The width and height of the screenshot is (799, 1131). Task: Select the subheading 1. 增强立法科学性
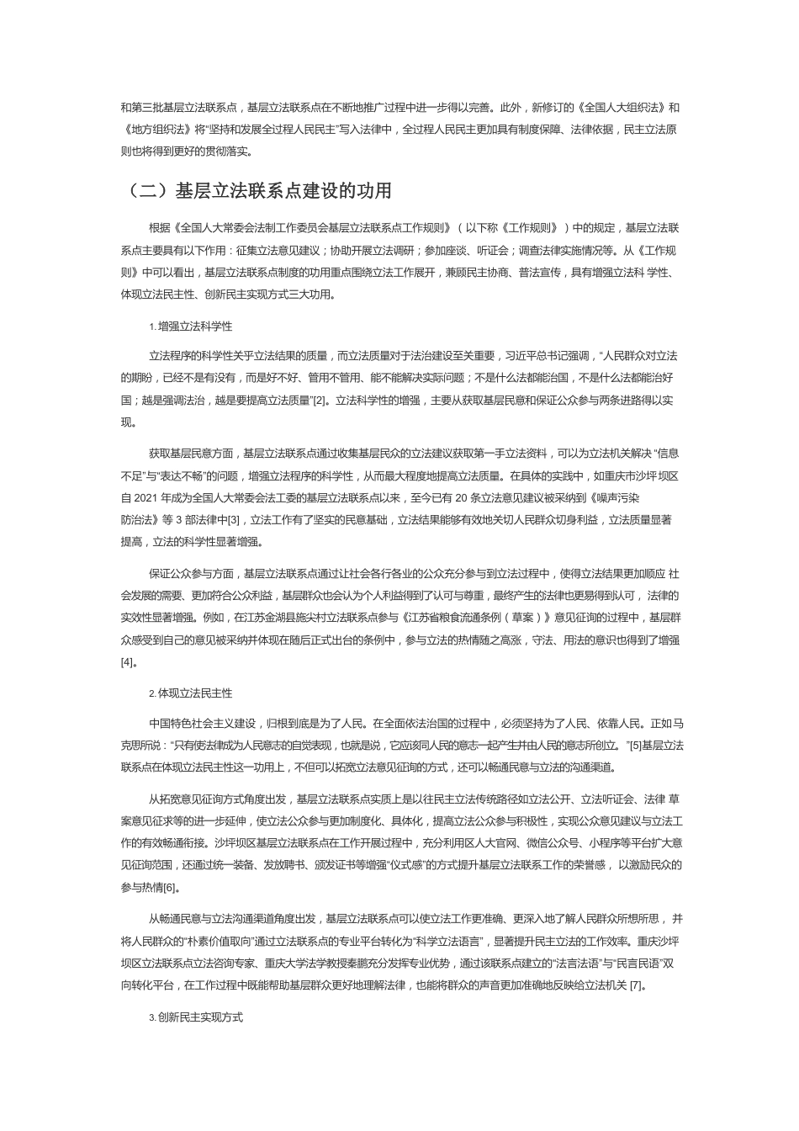[x=190, y=326]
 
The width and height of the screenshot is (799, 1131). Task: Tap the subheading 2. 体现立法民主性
[x=190, y=693]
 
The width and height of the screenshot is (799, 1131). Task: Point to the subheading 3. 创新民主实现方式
[x=195, y=1017]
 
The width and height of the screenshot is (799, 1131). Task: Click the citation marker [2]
[x=320, y=401]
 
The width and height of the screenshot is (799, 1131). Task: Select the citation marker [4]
[x=127, y=662]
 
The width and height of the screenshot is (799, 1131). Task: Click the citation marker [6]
[x=170, y=887]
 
